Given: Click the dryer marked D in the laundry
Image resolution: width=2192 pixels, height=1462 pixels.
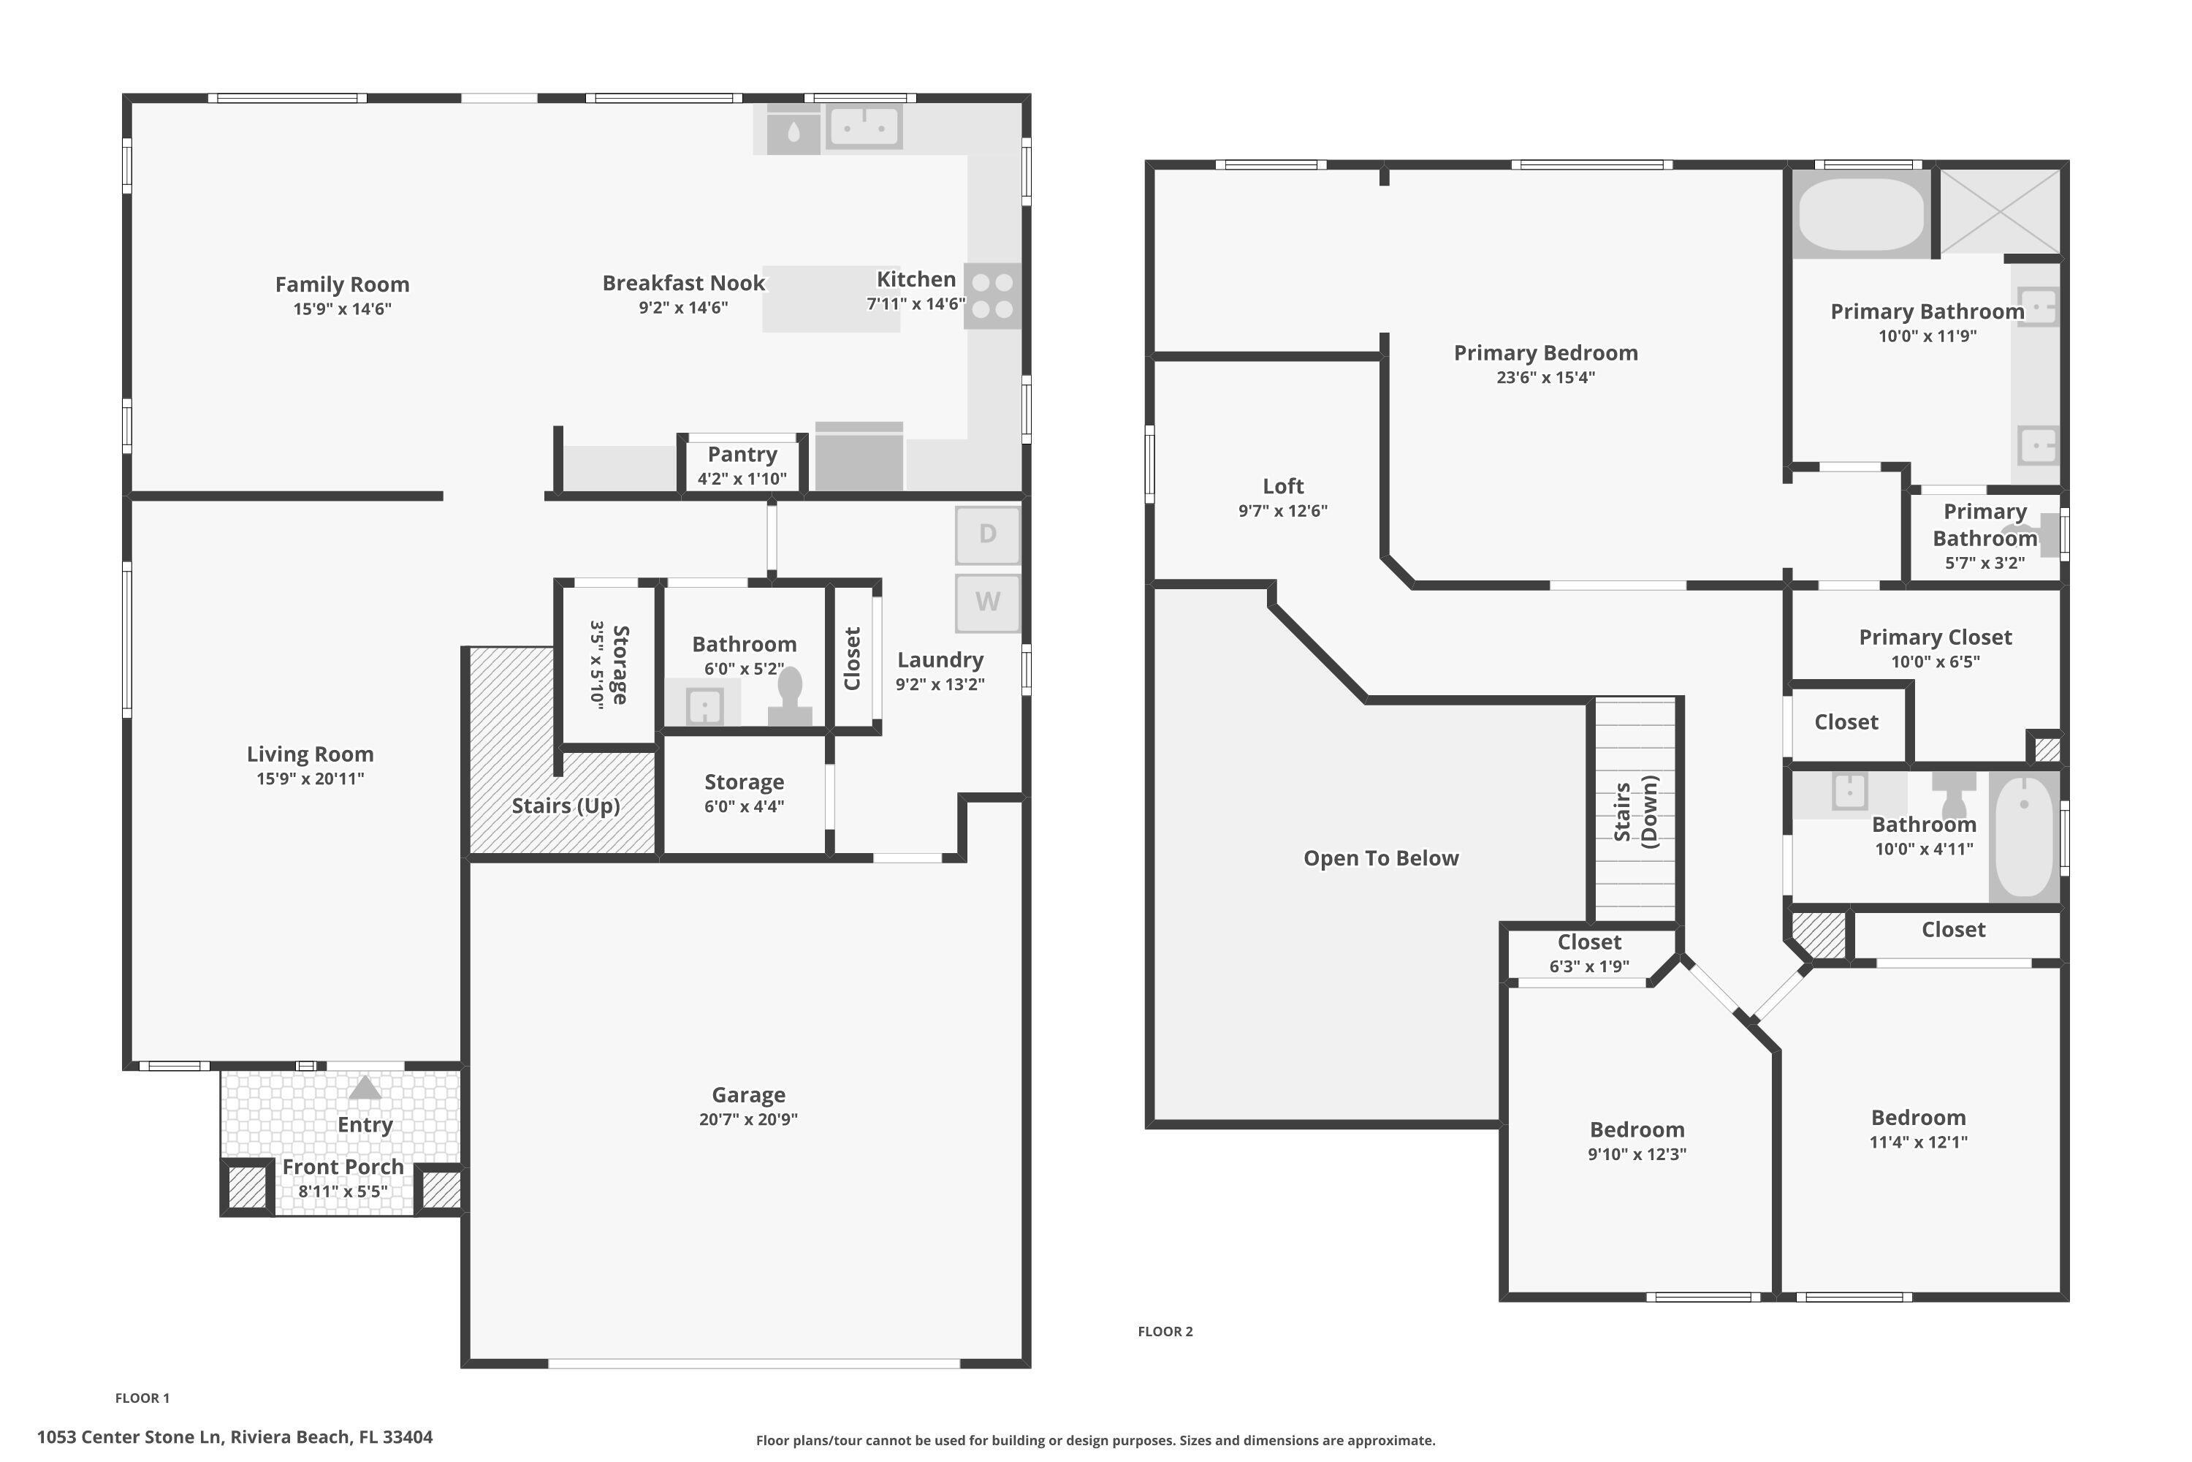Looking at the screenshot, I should (x=987, y=534).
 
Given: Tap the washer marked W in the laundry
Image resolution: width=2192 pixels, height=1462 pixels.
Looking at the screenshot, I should (x=987, y=602).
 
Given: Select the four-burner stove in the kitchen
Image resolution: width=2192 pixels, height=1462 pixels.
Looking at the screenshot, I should (x=992, y=295).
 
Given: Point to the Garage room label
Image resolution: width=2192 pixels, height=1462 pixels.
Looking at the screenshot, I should (x=748, y=1094).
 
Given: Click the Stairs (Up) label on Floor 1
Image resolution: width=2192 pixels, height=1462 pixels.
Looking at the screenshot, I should (x=566, y=806).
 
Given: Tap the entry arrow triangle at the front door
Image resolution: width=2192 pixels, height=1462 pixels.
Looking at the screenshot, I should (x=365, y=1087).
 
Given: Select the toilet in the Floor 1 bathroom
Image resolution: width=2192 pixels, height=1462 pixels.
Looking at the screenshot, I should (x=789, y=697).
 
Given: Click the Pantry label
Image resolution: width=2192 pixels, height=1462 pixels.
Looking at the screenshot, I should (x=742, y=454).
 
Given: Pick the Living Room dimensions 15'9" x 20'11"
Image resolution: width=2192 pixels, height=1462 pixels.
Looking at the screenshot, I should (x=311, y=779).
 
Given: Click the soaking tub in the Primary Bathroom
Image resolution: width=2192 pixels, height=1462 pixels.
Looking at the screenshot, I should (x=1860, y=214).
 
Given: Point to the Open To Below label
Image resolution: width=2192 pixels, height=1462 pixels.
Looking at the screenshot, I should (x=1380, y=857).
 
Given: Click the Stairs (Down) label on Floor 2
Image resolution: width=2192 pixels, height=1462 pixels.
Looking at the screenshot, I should (x=1636, y=811).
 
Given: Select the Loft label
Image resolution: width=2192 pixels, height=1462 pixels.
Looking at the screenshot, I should (x=1282, y=486).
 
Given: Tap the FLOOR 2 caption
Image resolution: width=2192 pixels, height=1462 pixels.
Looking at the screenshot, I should (x=1165, y=1331).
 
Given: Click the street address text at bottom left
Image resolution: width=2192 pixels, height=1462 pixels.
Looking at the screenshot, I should (x=235, y=1437).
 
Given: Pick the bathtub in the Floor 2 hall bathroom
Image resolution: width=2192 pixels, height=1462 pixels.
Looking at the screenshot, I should (x=2023, y=836).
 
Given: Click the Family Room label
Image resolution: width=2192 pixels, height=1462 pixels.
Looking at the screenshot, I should (x=342, y=284).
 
